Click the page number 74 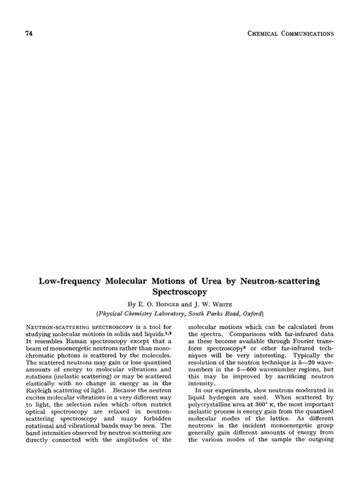(x=29, y=34)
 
